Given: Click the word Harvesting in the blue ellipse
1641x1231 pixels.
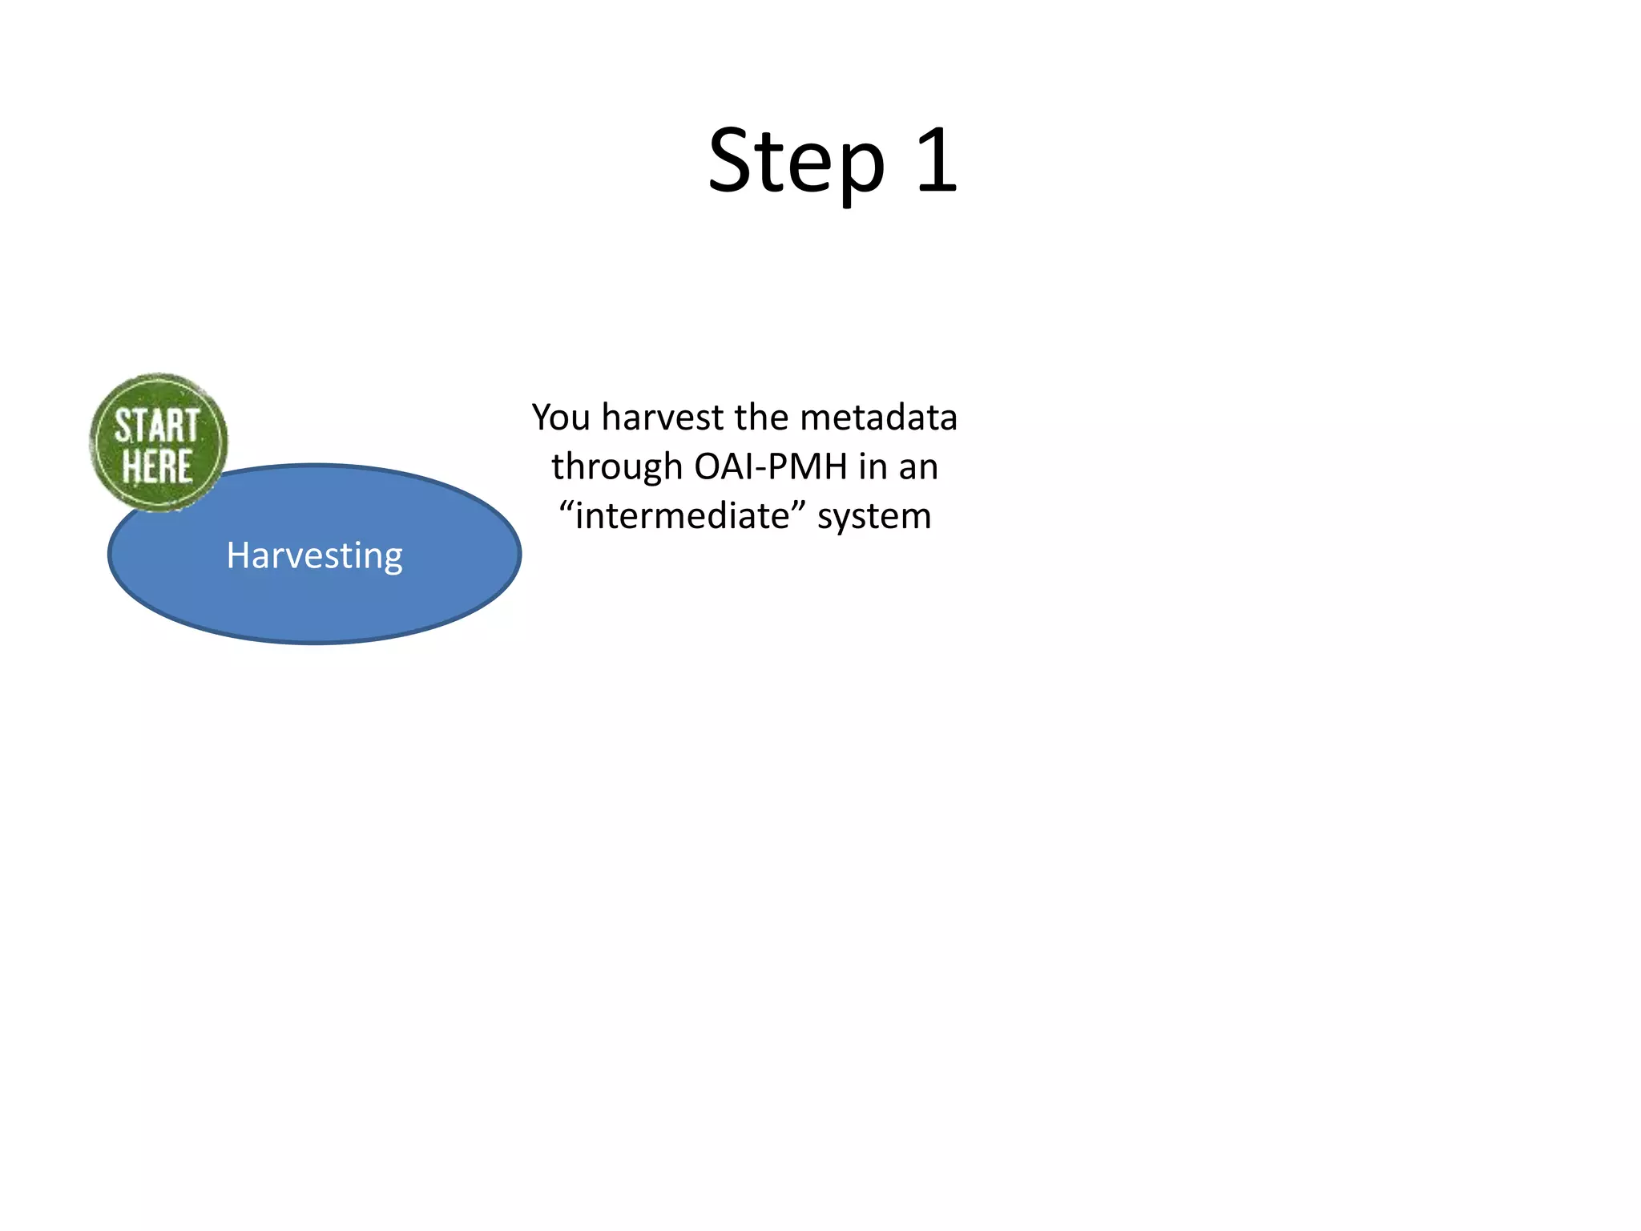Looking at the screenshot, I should click(314, 555).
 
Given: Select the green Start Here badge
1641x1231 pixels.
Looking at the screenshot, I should click(159, 442).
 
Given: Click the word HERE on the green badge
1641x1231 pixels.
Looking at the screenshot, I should click(157, 466).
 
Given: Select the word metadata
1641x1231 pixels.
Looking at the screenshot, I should click(878, 418).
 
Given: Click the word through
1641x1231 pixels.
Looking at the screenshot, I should click(616, 467).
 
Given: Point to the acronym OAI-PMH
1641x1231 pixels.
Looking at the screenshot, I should click(771, 467).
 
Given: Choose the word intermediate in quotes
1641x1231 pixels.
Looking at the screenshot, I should click(682, 516).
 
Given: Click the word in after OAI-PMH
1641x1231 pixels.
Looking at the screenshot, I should click(872, 467).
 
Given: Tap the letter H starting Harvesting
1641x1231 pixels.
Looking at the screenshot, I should click(238, 555).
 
